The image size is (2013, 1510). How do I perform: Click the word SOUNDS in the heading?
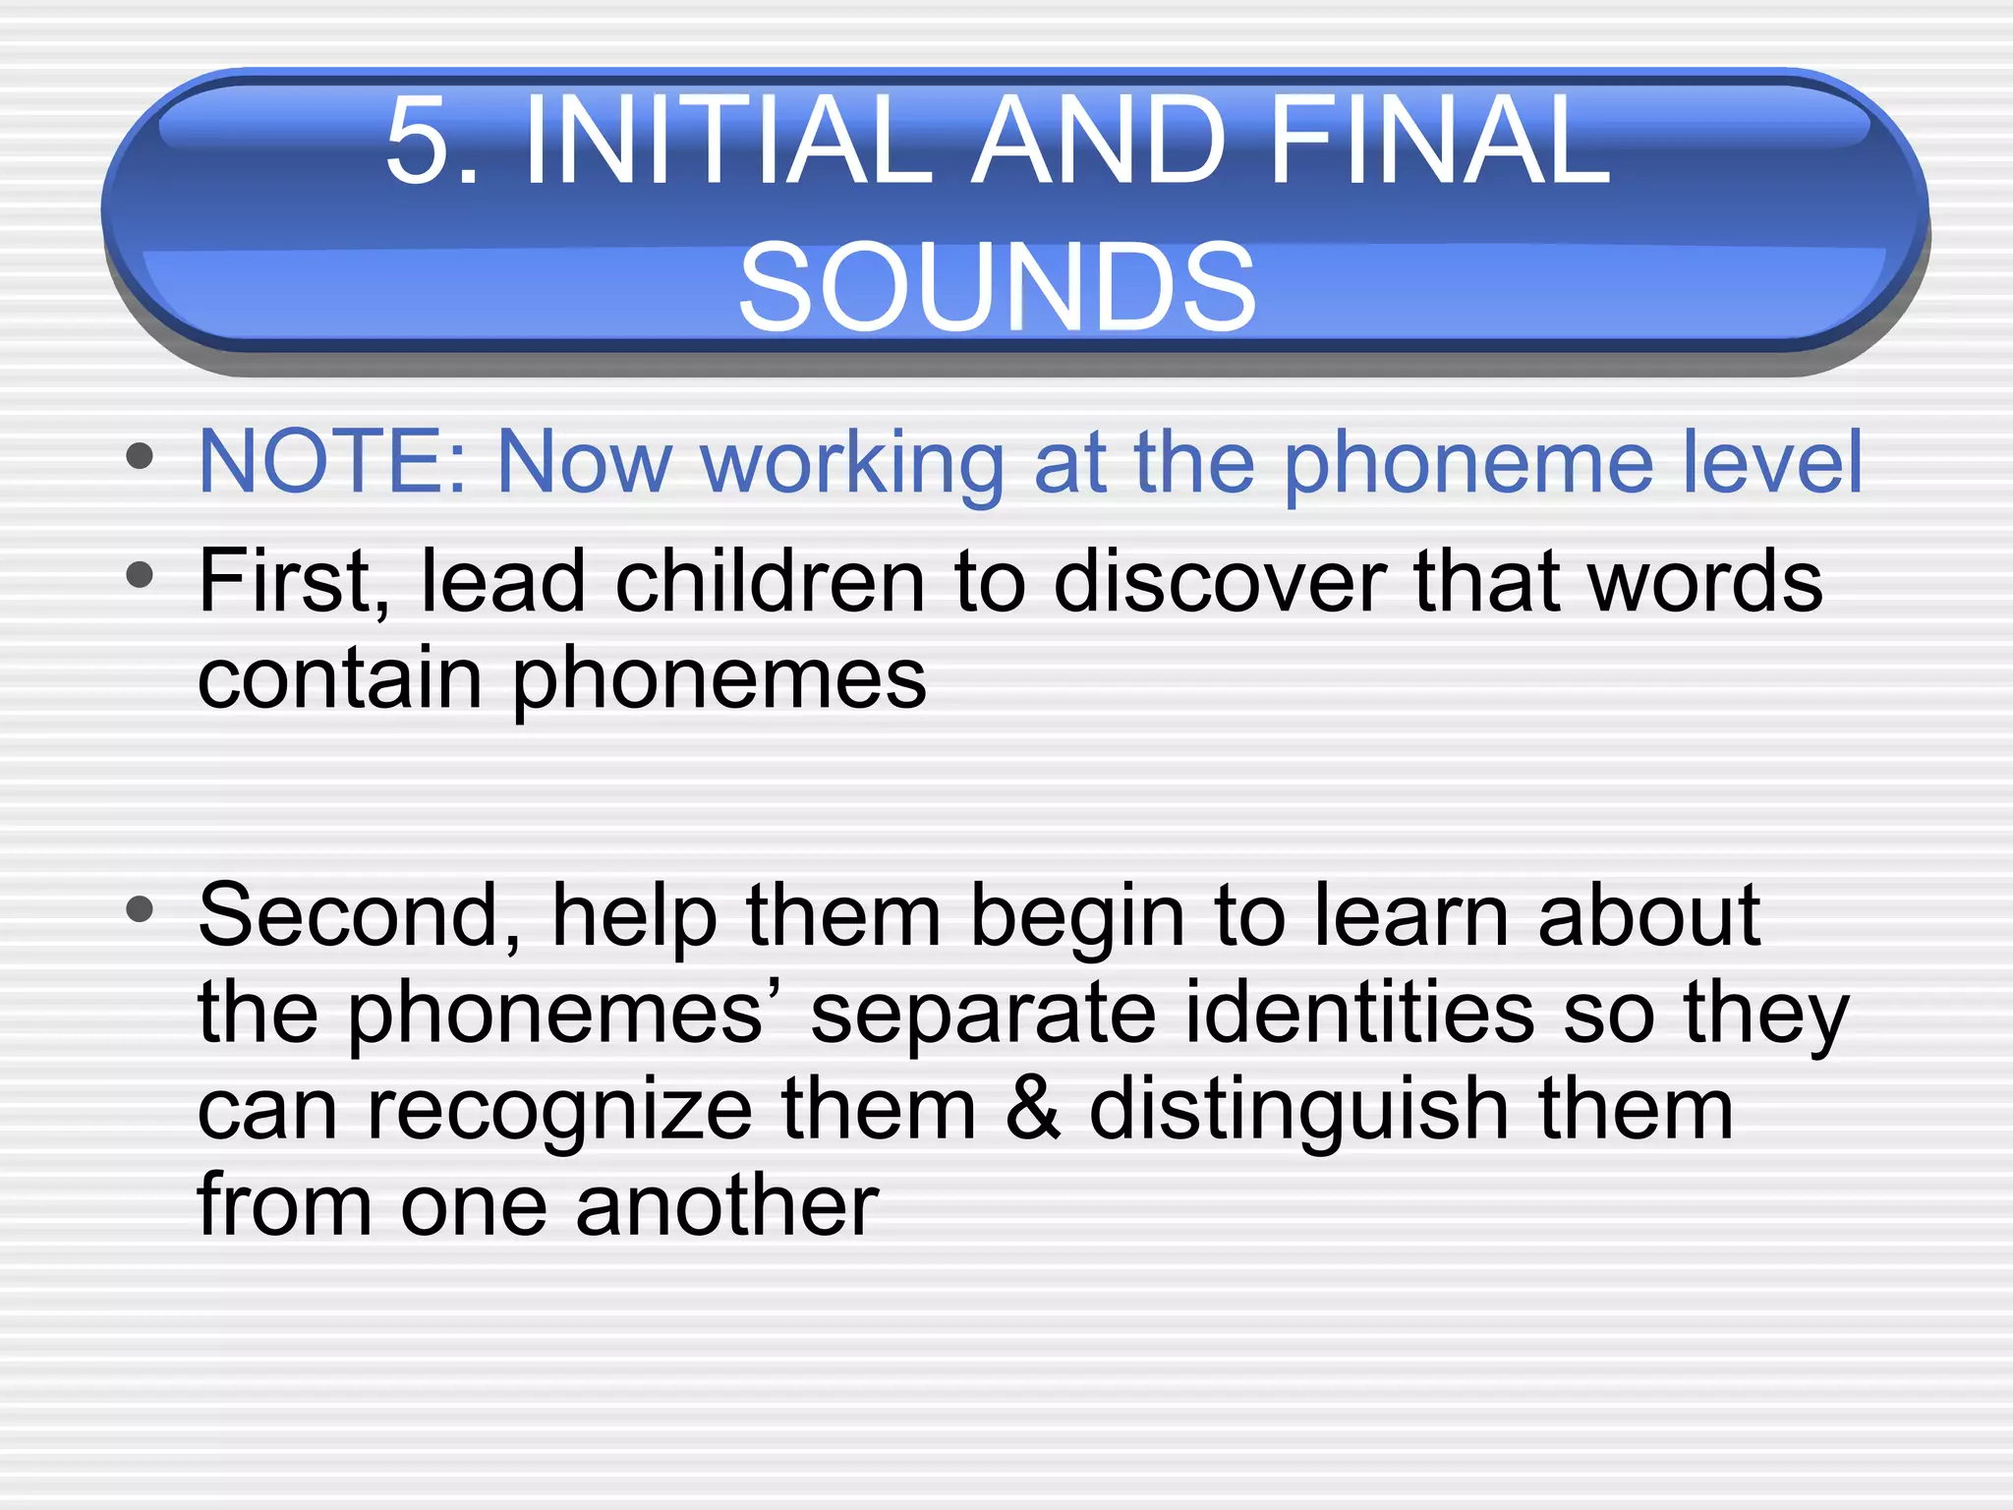click(997, 287)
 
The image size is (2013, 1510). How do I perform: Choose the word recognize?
click(560, 1111)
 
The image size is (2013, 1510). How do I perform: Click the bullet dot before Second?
click(141, 908)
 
